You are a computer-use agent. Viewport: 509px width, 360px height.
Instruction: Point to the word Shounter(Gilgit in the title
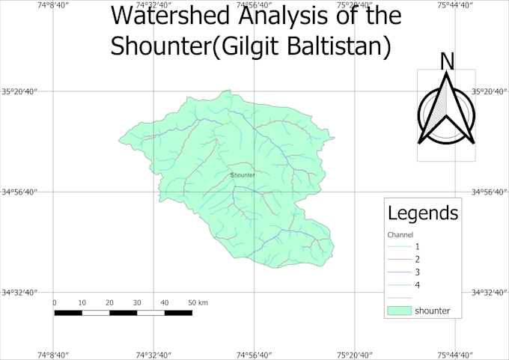coord(196,46)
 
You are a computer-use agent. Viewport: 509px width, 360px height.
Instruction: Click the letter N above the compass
coord(447,61)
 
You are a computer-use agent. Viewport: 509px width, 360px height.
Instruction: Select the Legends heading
coord(423,213)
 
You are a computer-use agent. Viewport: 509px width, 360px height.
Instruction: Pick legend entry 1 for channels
coord(417,246)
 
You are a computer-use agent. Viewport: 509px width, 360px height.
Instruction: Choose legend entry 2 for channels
coord(417,259)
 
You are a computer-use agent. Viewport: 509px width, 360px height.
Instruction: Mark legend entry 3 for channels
coord(417,272)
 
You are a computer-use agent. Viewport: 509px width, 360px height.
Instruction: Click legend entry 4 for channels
coord(417,284)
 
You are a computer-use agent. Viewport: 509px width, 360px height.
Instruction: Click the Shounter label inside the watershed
coord(243,175)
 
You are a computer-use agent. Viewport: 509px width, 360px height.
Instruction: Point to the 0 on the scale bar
coord(55,302)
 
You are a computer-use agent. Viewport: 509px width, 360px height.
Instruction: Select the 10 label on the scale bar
coord(82,302)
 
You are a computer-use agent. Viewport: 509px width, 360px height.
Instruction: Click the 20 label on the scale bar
coord(109,302)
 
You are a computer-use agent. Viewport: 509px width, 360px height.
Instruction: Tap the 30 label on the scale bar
coord(137,302)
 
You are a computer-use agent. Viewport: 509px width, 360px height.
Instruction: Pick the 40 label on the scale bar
coord(164,302)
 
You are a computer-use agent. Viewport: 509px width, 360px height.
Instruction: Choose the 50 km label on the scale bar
coord(198,302)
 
